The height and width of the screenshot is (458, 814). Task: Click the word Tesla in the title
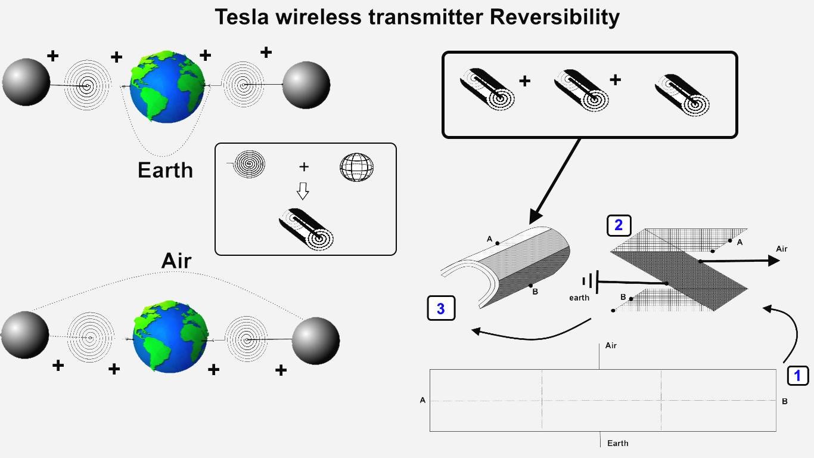242,17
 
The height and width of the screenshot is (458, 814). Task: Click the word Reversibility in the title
555,18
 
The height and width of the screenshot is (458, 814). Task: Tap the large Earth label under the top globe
165,170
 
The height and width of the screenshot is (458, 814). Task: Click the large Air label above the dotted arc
176,261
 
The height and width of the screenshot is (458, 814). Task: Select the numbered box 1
798,376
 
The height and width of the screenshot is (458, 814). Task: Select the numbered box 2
619,225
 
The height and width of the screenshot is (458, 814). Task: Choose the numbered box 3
441,308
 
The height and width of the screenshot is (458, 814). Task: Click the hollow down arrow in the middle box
303,191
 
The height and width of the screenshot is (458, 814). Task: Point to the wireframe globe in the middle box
356,167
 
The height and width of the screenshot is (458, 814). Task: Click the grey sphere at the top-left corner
26,82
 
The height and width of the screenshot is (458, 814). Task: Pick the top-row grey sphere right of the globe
306,85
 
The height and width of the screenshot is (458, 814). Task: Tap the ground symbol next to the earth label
591,281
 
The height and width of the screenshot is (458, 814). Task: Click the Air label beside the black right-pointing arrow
781,249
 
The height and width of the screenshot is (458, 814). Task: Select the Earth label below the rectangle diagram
618,443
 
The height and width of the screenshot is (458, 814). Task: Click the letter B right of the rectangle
785,401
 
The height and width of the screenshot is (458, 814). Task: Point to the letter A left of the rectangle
422,400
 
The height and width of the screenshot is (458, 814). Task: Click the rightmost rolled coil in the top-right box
682,95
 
